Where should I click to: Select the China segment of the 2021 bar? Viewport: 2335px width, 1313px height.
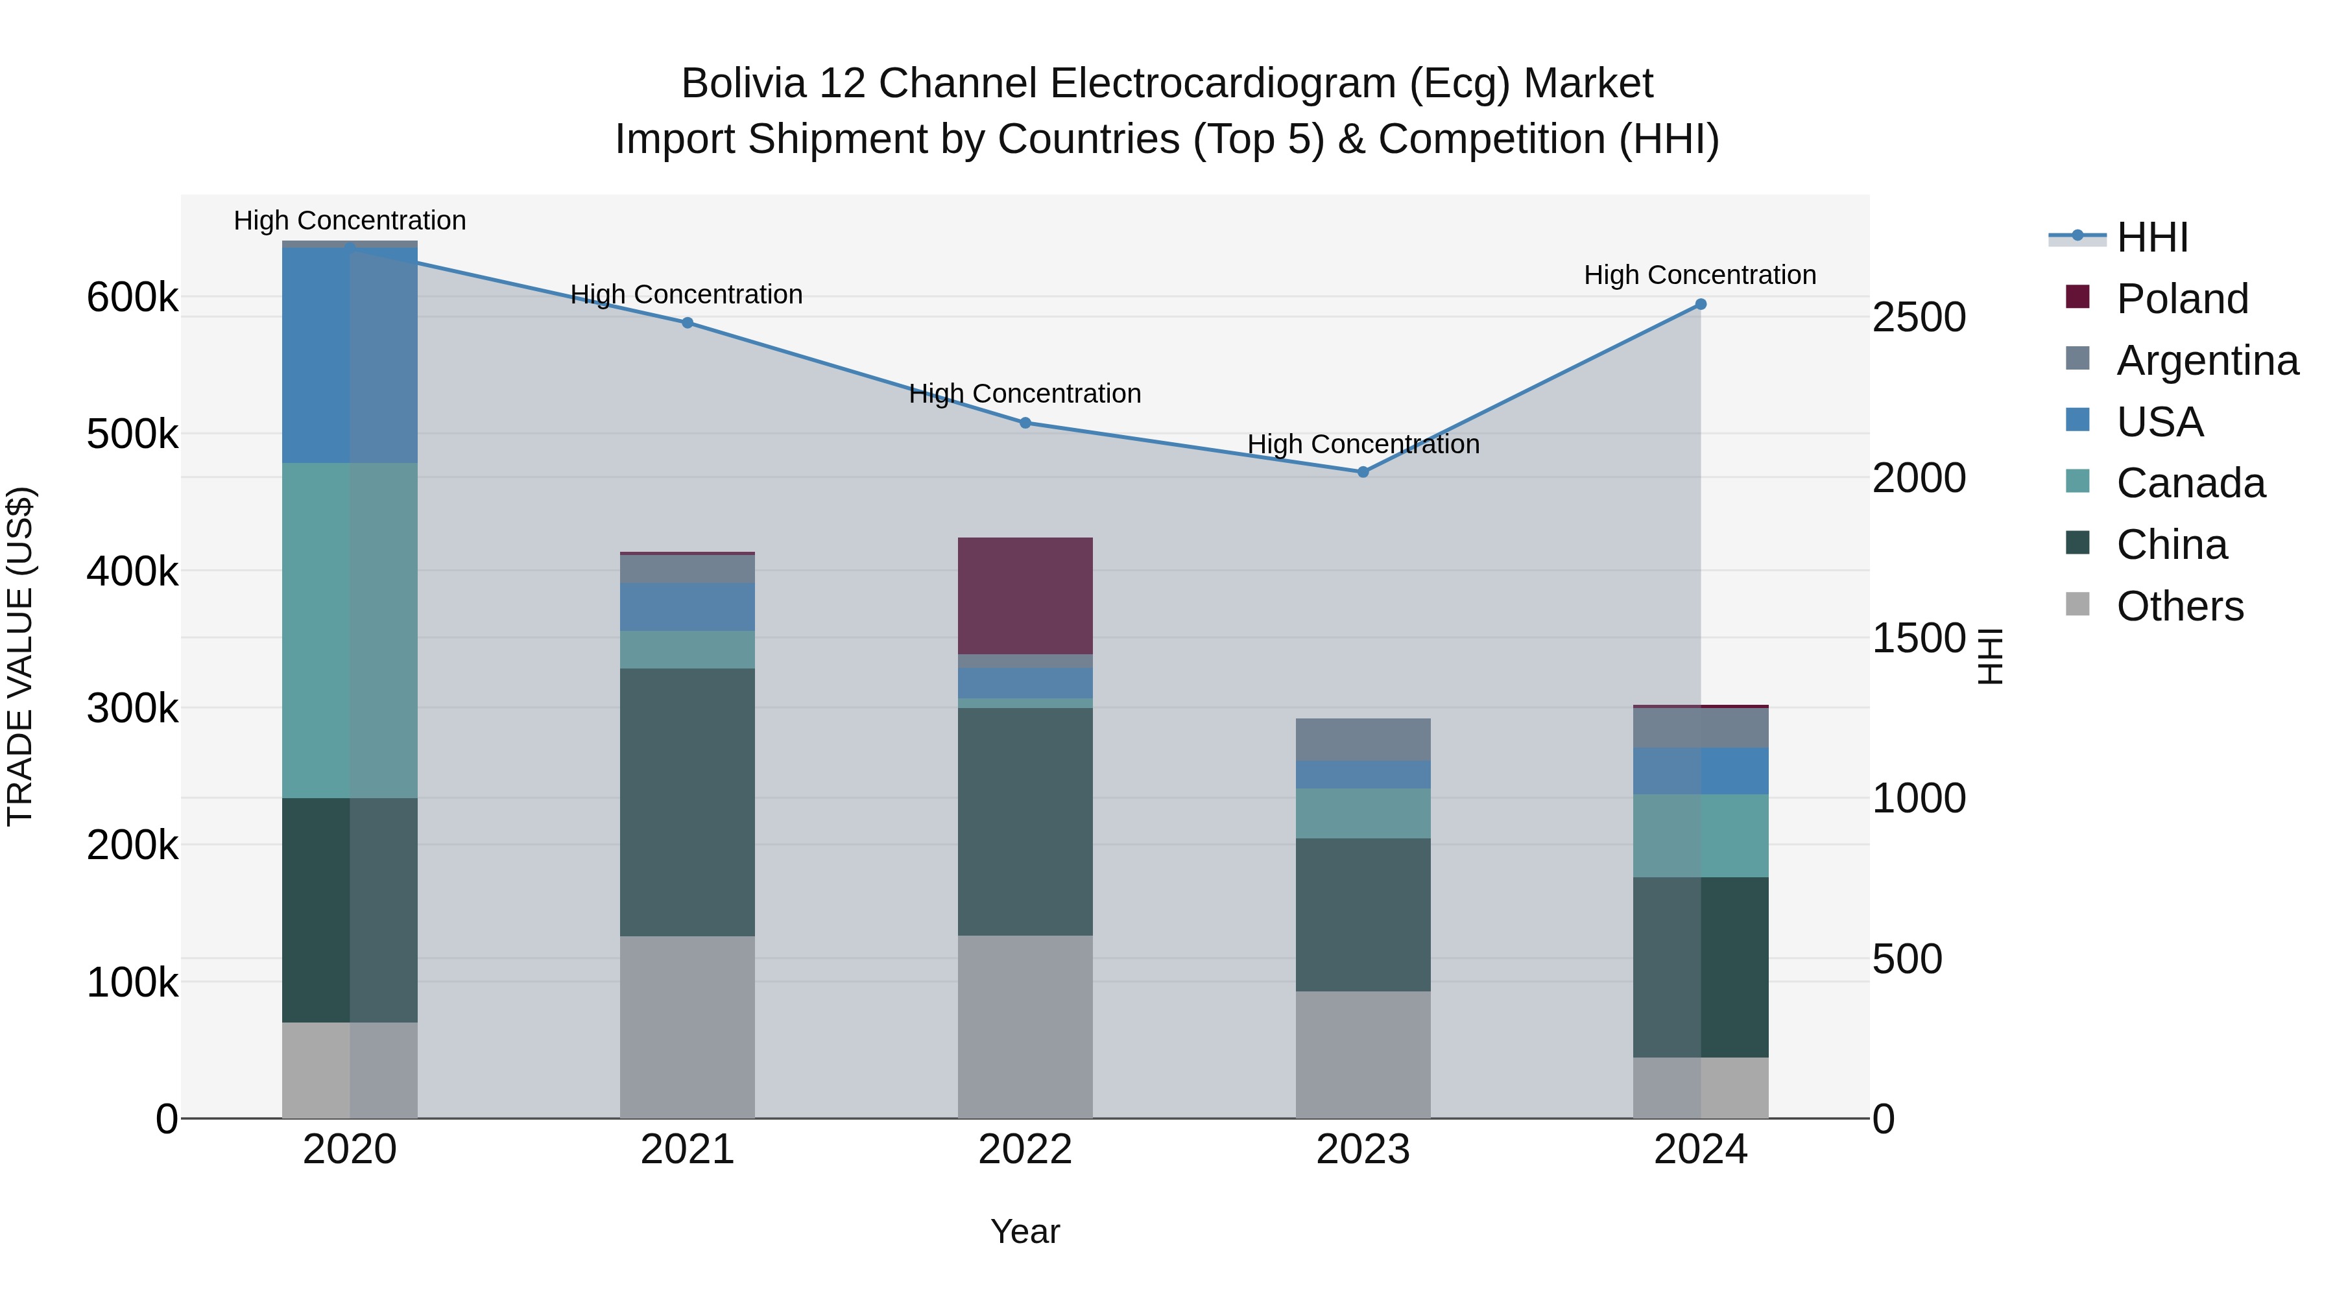(687, 802)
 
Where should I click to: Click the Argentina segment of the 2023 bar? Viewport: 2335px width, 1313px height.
(1362, 739)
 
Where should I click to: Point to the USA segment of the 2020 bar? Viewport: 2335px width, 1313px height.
(350, 355)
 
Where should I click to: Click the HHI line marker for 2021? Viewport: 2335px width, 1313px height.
(687, 323)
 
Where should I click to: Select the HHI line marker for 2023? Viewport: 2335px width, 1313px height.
(1362, 472)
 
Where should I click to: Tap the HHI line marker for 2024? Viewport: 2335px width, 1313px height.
(1701, 305)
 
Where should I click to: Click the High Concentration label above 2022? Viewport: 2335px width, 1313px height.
(1025, 394)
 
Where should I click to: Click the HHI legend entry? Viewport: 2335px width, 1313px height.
(2152, 237)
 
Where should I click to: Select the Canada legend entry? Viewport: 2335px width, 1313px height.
(2190, 483)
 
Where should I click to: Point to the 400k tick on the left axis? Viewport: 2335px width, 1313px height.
(132, 572)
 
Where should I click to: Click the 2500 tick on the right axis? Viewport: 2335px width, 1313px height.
(1918, 317)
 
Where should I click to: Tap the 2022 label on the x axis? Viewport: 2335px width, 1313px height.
(1025, 1150)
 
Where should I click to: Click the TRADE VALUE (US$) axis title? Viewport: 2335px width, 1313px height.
(20, 656)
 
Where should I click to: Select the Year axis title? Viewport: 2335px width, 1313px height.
(1025, 1231)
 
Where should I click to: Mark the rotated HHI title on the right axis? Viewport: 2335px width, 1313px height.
(1990, 656)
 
